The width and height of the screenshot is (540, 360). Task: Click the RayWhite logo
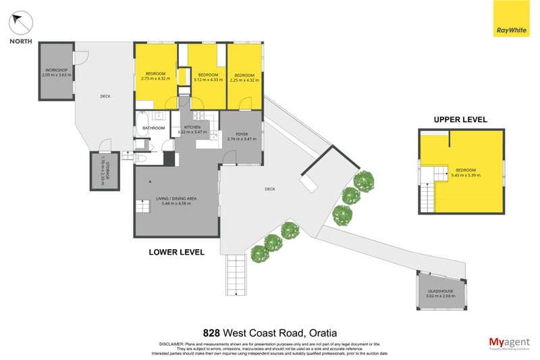click(511, 29)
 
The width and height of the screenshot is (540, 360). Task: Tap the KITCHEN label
click(192, 126)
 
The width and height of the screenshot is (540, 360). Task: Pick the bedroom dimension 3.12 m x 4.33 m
click(207, 79)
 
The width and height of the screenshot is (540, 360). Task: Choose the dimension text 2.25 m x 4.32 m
click(244, 79)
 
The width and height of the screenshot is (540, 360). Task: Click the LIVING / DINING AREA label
click(176, 198)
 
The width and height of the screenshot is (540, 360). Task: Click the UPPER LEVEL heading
click(460, 120)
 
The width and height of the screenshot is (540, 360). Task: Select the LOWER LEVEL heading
click(176, 252)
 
